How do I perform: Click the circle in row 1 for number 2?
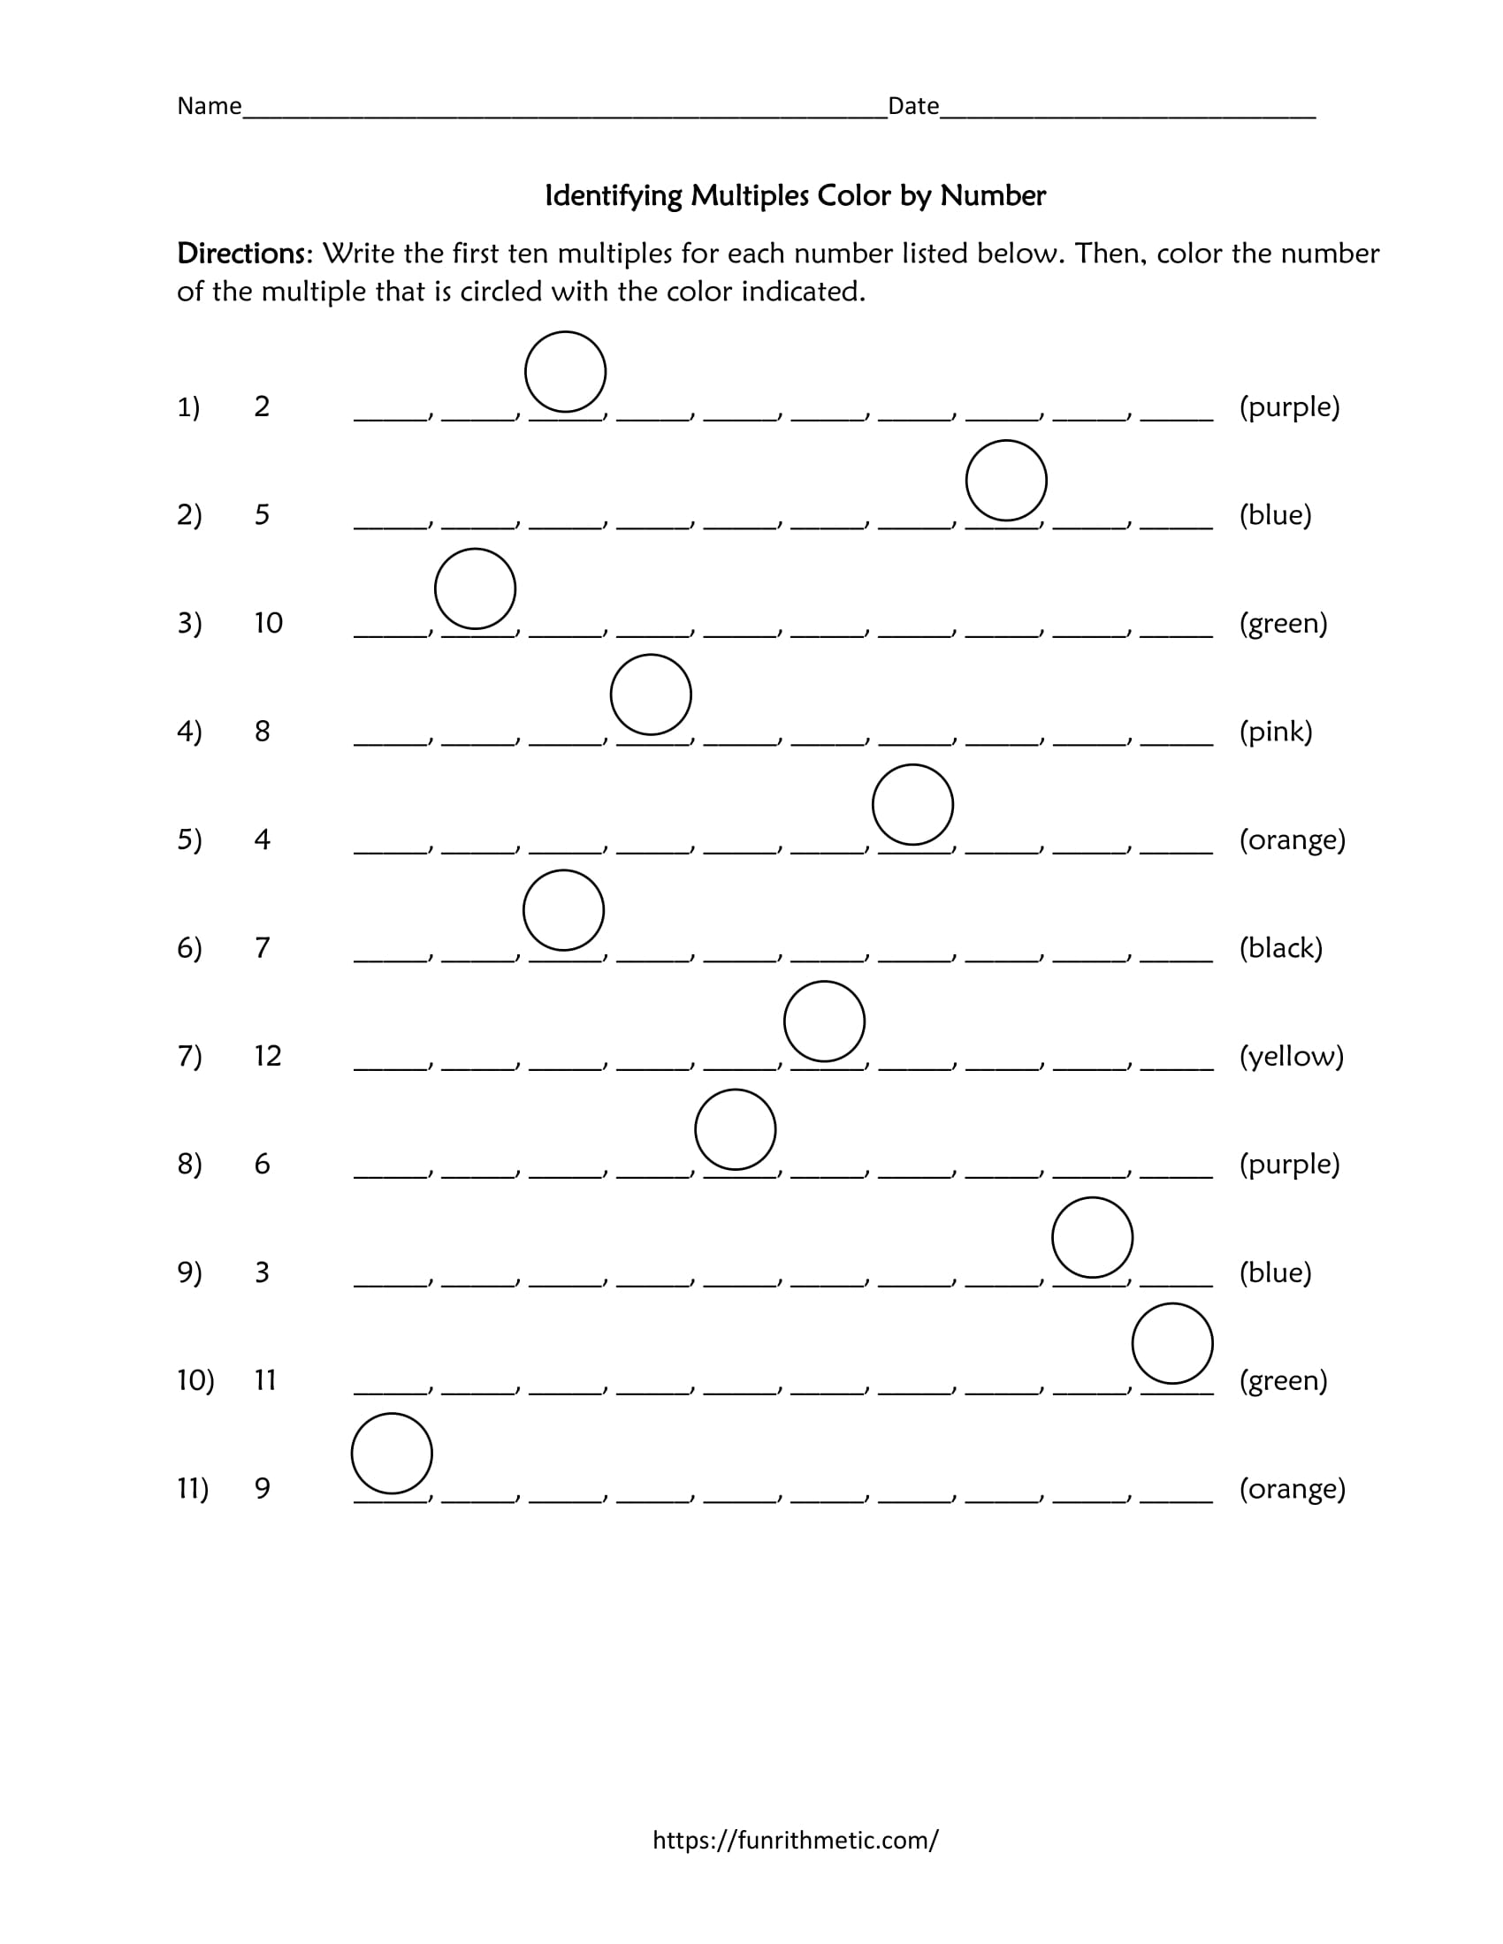coord(566,372)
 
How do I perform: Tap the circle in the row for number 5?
coord(1006,481)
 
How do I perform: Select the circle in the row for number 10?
coord(476,589)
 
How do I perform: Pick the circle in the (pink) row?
coord(651,695)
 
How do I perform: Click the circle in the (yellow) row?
coord(825,1021)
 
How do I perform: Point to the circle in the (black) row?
coord(564,910)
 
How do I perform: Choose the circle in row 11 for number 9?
coord(392,1454)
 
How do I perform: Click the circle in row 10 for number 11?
coord(1172,1344)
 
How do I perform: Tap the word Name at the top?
coord(210,107)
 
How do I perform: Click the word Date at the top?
coord(913,107)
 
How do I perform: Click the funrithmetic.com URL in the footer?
coord(795,1840)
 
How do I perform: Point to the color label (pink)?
coord(1276,732)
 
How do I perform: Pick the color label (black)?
coord(1280,948)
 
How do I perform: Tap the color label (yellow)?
coord(1291,1057)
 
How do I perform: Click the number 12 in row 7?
coord(268,1057)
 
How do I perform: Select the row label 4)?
coord(190,732)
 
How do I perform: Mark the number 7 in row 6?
coord(263,948)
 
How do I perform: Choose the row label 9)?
coord(190,1272)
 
